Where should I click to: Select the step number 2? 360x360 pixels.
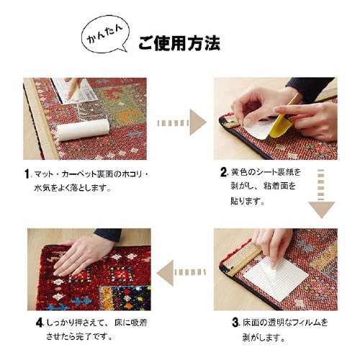pos(223,173)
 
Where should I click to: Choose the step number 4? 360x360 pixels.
pos(39,321)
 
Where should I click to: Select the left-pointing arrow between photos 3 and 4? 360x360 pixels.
pos(179,271)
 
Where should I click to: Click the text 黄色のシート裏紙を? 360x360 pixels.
pos(266,174)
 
